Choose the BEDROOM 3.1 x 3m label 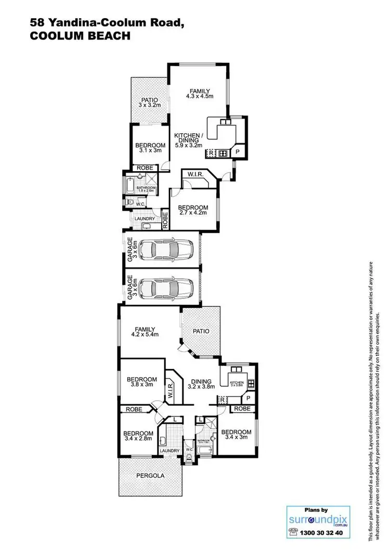[150, 148]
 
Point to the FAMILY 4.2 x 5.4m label [146, 331]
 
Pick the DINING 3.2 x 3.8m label [201, 383]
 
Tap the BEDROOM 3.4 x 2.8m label [138, 436]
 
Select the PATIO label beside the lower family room [201, 331]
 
